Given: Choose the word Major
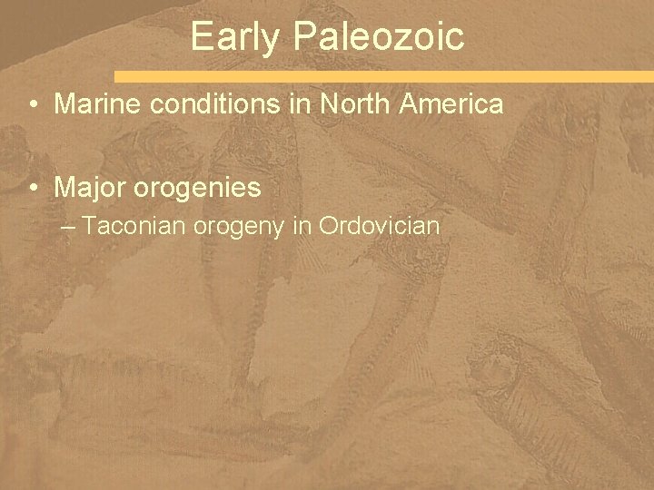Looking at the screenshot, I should click(84, 188).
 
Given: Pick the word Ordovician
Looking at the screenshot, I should click(380, 225).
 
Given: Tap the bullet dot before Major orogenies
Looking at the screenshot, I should click(32, 189).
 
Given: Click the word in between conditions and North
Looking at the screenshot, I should click(303, 104).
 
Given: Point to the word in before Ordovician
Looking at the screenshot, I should click(302, 225).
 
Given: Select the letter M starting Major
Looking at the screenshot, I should click(64, 188).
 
